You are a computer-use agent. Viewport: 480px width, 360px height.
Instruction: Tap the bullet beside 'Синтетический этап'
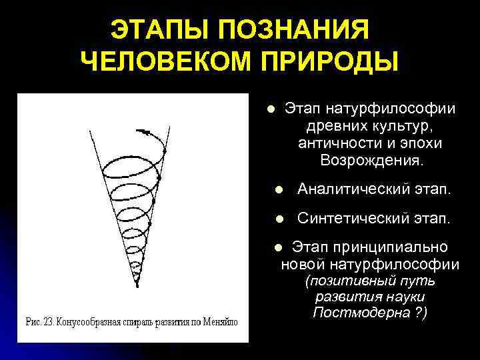280,219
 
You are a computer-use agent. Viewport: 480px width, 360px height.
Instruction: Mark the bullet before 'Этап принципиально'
279,247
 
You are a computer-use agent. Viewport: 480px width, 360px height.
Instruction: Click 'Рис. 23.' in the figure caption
39,322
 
